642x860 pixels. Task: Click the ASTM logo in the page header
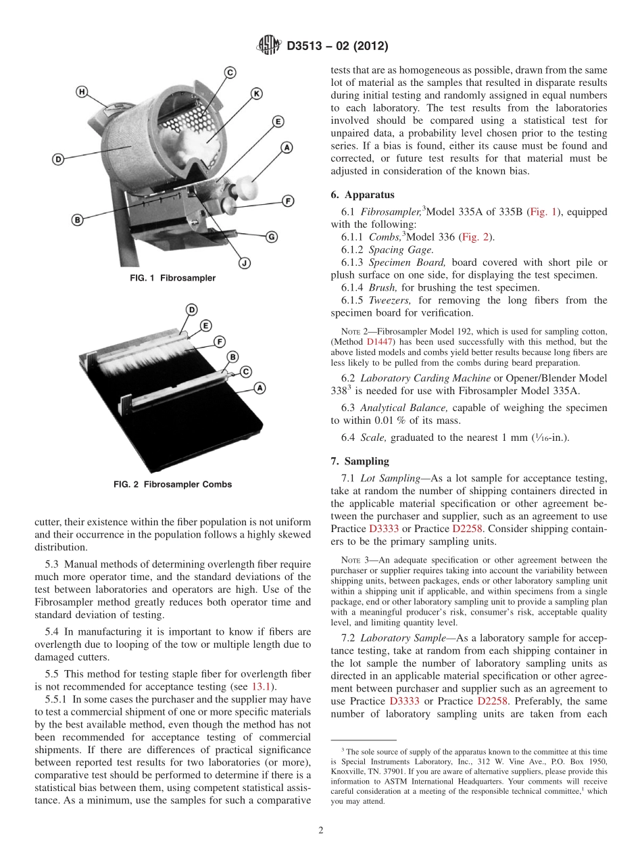click(268, 46)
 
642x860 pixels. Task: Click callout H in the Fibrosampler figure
click(82, 92)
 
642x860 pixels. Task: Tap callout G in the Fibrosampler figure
click(271, 237)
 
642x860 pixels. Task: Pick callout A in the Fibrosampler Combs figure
click(260, 387)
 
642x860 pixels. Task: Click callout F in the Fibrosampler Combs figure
click(219, 342)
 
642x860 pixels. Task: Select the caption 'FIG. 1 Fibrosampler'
click(173, 279)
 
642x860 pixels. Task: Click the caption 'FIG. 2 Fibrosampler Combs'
click(173, 484)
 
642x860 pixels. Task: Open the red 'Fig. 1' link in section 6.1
click(543, 212)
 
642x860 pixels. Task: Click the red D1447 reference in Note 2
click(378, 342)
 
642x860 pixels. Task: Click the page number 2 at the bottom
click(321, 831)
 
